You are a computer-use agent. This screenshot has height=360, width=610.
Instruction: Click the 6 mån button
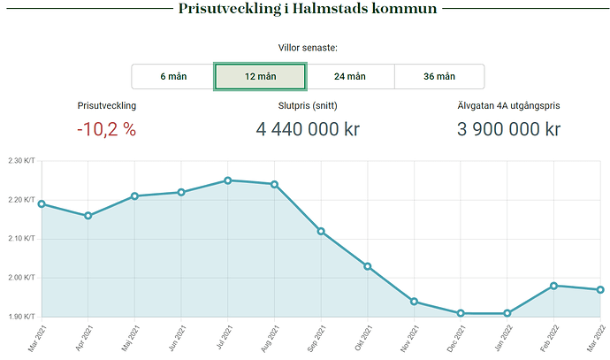click(x=173, y=77)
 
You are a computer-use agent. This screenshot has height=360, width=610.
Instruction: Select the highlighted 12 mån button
click(x=261, y=77)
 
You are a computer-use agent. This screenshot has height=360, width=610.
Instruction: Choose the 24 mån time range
click(x=350, y=77)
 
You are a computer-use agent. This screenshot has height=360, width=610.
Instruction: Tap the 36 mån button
click(x=439, y=77)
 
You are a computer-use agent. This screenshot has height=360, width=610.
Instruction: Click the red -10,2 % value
click(x=106, y=129)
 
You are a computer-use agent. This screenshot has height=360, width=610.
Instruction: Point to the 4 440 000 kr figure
click(x=308, y=129)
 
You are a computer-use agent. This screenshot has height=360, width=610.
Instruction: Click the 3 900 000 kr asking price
click(x=508, y=129)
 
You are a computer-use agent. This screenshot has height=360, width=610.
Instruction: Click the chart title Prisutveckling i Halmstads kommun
click(x=308, y=10)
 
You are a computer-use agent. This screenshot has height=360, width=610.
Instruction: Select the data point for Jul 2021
click(x=228, y=180)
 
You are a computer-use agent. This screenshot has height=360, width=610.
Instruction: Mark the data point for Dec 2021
click(x=461, y=313)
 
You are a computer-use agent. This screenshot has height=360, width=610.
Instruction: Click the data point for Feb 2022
click(x=553, y=286)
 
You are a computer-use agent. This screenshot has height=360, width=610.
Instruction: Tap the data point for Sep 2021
click(x=321, y=231)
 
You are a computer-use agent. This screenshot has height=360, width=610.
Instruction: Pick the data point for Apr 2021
click(x=88, y=216)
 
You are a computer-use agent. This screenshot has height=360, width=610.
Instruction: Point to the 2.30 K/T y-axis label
click(x=19, y=161)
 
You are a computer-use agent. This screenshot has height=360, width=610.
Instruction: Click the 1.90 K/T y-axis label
click(x=19, y=317)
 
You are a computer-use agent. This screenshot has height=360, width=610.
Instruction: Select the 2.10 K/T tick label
click(x=19, y=239)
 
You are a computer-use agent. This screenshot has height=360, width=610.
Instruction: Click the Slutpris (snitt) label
click(x=308, y=105)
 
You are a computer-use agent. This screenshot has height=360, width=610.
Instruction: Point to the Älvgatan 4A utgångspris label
click(x=508, y=105)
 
